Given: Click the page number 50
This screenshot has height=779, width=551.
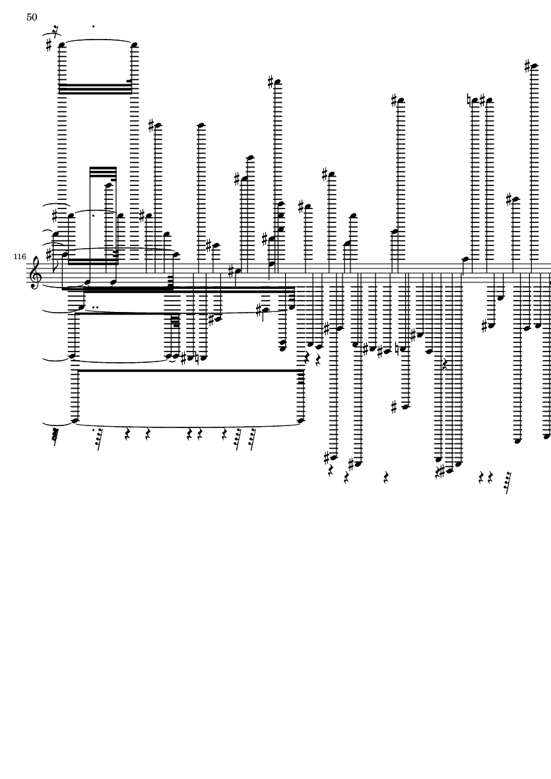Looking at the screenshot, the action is (x=32, y=17).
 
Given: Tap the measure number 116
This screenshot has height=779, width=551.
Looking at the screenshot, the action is (x=20, y=257).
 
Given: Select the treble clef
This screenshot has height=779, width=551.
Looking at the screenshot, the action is (x=35, y=272).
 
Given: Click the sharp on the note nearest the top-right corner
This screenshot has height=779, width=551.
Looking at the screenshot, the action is (x=528, y=66).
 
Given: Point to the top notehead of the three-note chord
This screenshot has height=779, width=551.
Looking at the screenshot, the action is (x=280, y=204).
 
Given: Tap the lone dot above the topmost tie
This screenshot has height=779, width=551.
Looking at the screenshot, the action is (x=94, y=26).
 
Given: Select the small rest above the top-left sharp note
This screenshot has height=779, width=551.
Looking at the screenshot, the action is (x=55, y=29).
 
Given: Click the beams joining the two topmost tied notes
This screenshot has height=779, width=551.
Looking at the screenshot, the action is (x=96, y=89).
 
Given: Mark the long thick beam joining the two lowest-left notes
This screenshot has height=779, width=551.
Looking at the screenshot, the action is (x=189, y=371).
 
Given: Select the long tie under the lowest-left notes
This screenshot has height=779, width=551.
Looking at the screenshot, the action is (x=188, y=425).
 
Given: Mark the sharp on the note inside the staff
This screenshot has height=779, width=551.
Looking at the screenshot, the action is (x=231, y=271).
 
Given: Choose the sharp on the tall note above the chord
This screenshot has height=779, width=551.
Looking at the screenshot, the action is (x=271, y=82).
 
